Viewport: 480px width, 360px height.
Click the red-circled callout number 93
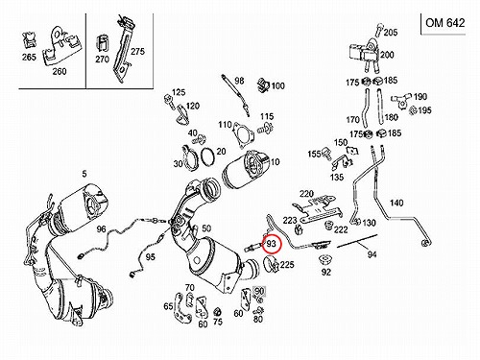click(271, 244)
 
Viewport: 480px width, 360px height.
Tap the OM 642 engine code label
click(444, 23)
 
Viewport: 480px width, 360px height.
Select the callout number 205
click(391, 33)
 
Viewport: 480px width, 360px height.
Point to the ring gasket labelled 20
click(208, 156)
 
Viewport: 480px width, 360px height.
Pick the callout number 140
click(396, 203)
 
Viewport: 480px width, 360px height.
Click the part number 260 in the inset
click(60, 71)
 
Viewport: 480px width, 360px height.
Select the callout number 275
click(137, 51)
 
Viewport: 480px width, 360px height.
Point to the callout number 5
click(84, 174)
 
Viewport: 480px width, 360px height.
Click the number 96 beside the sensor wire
click(101, 228)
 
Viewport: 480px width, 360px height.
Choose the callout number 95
click(150, 256)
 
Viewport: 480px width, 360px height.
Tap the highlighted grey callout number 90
click(259, 291)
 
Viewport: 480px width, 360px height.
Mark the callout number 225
click(287, 265)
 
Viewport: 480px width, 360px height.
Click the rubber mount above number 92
click(325, 260)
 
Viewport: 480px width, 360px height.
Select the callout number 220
click(306, 194)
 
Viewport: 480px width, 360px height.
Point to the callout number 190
click(420, 96)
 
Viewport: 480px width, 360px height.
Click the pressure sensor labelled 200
click(365, 54)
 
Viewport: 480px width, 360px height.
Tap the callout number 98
click(239, 81)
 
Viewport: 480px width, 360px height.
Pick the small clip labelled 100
click(264, 85)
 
